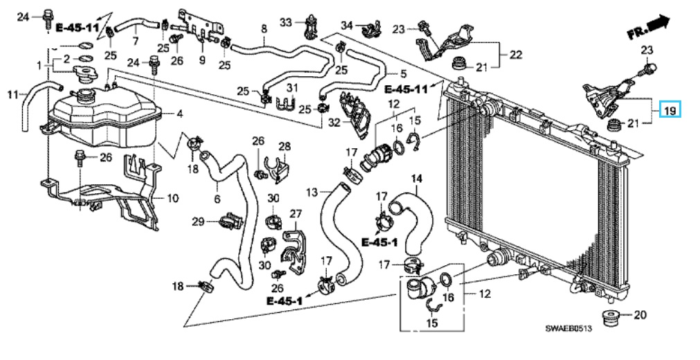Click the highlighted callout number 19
[670, 110]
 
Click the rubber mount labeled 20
[611, 321]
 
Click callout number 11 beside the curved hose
[12, 93]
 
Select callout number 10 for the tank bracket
[173, 199]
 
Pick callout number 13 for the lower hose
[312, 190]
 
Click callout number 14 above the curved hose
[417, 179]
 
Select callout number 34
[346, 26]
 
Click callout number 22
[515, 54]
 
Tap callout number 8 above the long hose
[264, 28]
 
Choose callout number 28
[285, 146]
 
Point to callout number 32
[333, 123]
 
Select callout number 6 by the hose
[217, 200]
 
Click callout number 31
[292, 87]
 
